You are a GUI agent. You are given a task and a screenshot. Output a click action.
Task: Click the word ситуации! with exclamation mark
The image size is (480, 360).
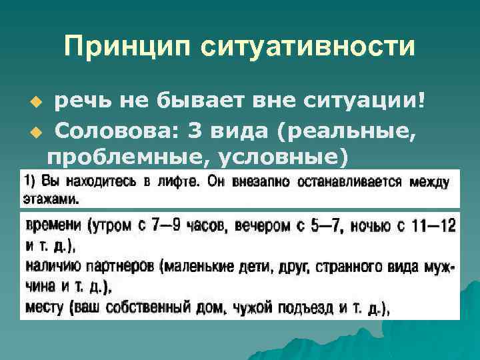(365, 101)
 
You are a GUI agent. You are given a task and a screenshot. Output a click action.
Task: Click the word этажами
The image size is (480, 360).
(51, 199)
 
